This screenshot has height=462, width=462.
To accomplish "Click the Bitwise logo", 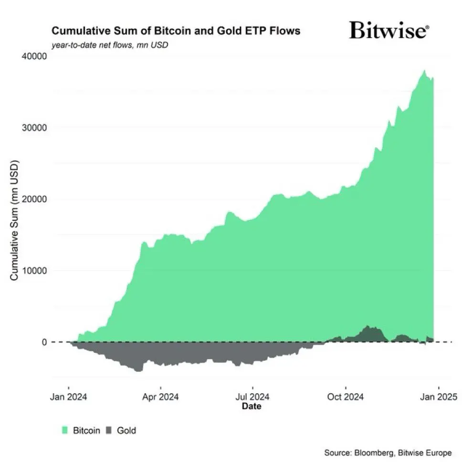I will [389, 30].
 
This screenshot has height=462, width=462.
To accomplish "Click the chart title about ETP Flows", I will [176, 31].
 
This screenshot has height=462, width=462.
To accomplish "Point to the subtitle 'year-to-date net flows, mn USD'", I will [110, 45].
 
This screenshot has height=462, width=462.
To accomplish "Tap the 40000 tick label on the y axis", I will [35, 56].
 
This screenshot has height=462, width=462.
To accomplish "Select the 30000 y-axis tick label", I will [35, 128].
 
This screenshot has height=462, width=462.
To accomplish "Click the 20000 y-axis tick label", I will [35, 199].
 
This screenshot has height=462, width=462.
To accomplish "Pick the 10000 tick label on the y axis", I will [35, 271].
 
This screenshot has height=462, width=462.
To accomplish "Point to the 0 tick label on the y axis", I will [43, 342].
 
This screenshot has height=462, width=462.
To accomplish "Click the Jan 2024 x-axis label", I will [69, 397].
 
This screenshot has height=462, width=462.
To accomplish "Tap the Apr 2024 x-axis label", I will [161, 397].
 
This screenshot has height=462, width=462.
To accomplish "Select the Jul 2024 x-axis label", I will [252, 397].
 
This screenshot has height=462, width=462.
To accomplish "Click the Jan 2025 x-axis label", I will [439, 397].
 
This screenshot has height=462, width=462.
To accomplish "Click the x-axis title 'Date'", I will [252, 407].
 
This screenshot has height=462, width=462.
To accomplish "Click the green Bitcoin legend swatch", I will [66, 430].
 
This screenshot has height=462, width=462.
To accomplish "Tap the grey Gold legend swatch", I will [109, 430].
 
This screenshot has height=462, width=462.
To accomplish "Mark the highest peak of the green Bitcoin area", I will [424, 70].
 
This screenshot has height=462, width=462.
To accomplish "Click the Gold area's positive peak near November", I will [367, 326].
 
